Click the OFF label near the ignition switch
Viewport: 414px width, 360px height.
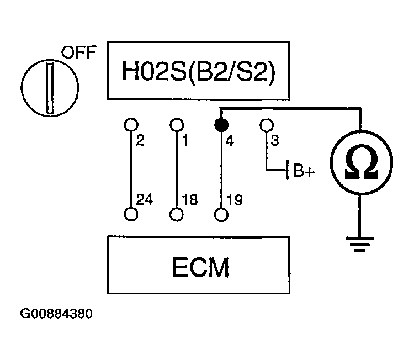(x=78, y=53)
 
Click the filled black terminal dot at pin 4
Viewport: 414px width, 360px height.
(x=221, y=123)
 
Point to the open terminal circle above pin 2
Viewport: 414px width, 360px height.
(x=131, y=124)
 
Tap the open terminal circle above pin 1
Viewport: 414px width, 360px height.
(x=177, y=124)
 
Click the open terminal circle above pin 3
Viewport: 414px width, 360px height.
(x=267, y=124)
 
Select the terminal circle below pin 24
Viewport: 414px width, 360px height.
(x=131, y=215)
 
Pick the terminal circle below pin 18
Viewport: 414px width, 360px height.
(x=177, y=215)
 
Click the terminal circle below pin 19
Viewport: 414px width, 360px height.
(x=221, y=215)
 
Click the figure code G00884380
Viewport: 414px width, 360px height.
(x=56, y=314)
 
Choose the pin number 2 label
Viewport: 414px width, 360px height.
(x=140, y=141)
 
